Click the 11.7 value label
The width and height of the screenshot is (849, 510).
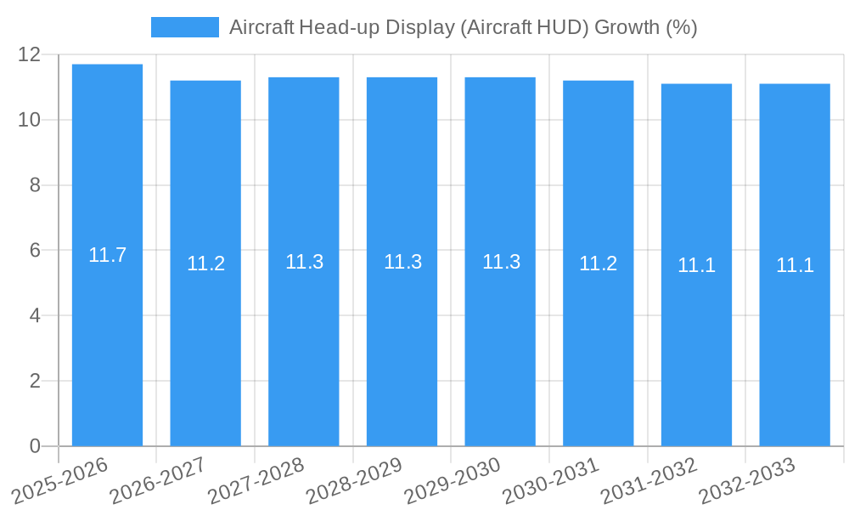pyautogui.click(x=107, y=255)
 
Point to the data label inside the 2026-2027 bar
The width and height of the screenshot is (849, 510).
pyautogui.click(x=205, y=263)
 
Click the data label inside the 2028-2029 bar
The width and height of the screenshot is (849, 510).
pyautogui.click(x=402, y=262)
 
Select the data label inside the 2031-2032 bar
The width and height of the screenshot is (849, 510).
pyautogui.click(x=696, y=265)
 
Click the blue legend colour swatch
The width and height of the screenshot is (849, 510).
pyautogui.click(x=184, y=27)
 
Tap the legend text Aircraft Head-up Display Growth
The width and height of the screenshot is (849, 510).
pyautogui.click(x=463, y=27)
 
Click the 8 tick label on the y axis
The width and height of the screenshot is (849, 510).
pyautogui.click(x=35, y=185)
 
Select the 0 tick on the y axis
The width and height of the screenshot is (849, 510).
pyautogui.click(x=35, y=446)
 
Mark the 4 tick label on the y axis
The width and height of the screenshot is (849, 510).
pyautogui.click(x=35, y=315)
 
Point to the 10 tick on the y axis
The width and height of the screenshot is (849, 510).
pyautogui.click(x=30, y=120)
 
